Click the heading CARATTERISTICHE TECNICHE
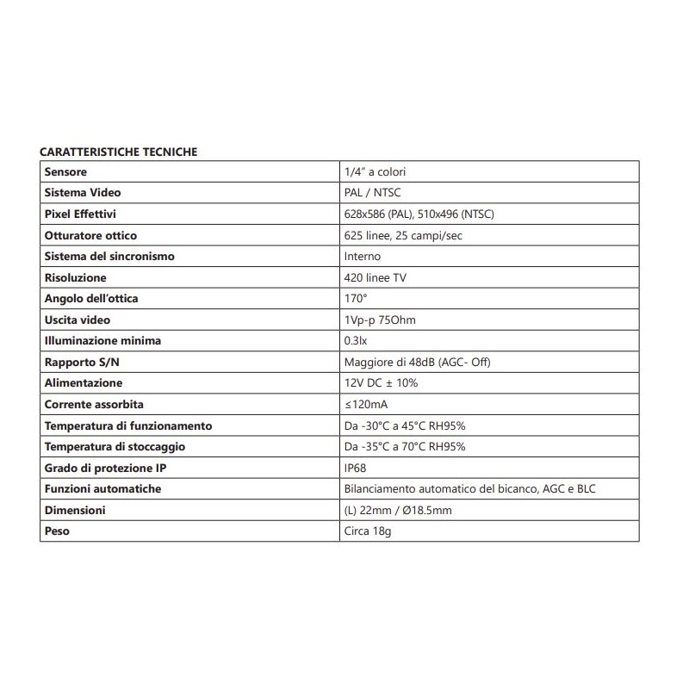(119, 152)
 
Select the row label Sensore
(66, 172)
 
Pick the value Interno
(362, 257)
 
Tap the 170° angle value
(355, 299)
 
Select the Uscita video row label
(78, 320)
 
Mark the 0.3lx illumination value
(355, 341)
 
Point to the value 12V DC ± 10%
(381, 383)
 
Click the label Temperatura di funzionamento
(128, 425)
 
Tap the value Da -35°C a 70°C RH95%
(404, 446)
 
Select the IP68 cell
(355, 468)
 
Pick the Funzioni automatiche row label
(102, 488)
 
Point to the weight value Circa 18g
(367, 531)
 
